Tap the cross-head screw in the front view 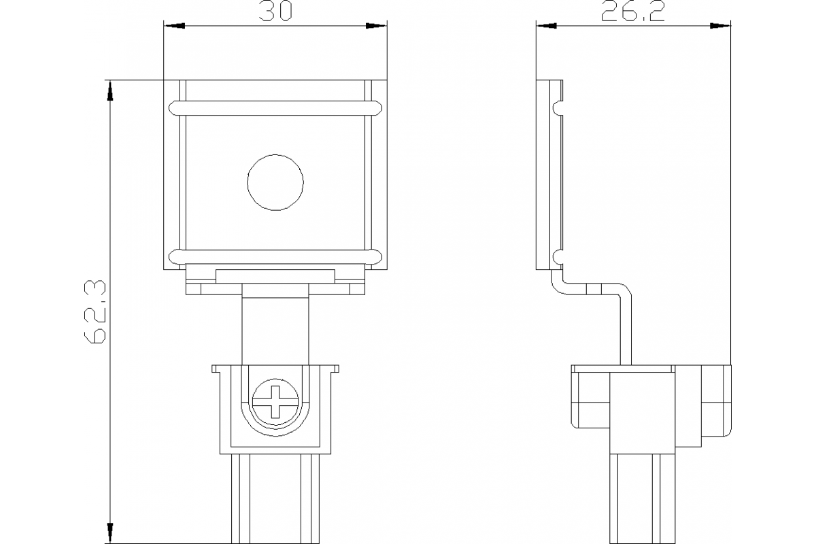tap(275, 401)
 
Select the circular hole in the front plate tap(275, 182)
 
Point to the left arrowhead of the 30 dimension tap(173, 27)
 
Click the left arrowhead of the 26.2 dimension tap(546, 27)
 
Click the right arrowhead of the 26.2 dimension tap(721, 27)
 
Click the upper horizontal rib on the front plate tap(275, 107)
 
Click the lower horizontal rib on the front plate tap(275, 256)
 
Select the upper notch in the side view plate tap(558, 107)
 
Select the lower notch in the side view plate tap(558, 256)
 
